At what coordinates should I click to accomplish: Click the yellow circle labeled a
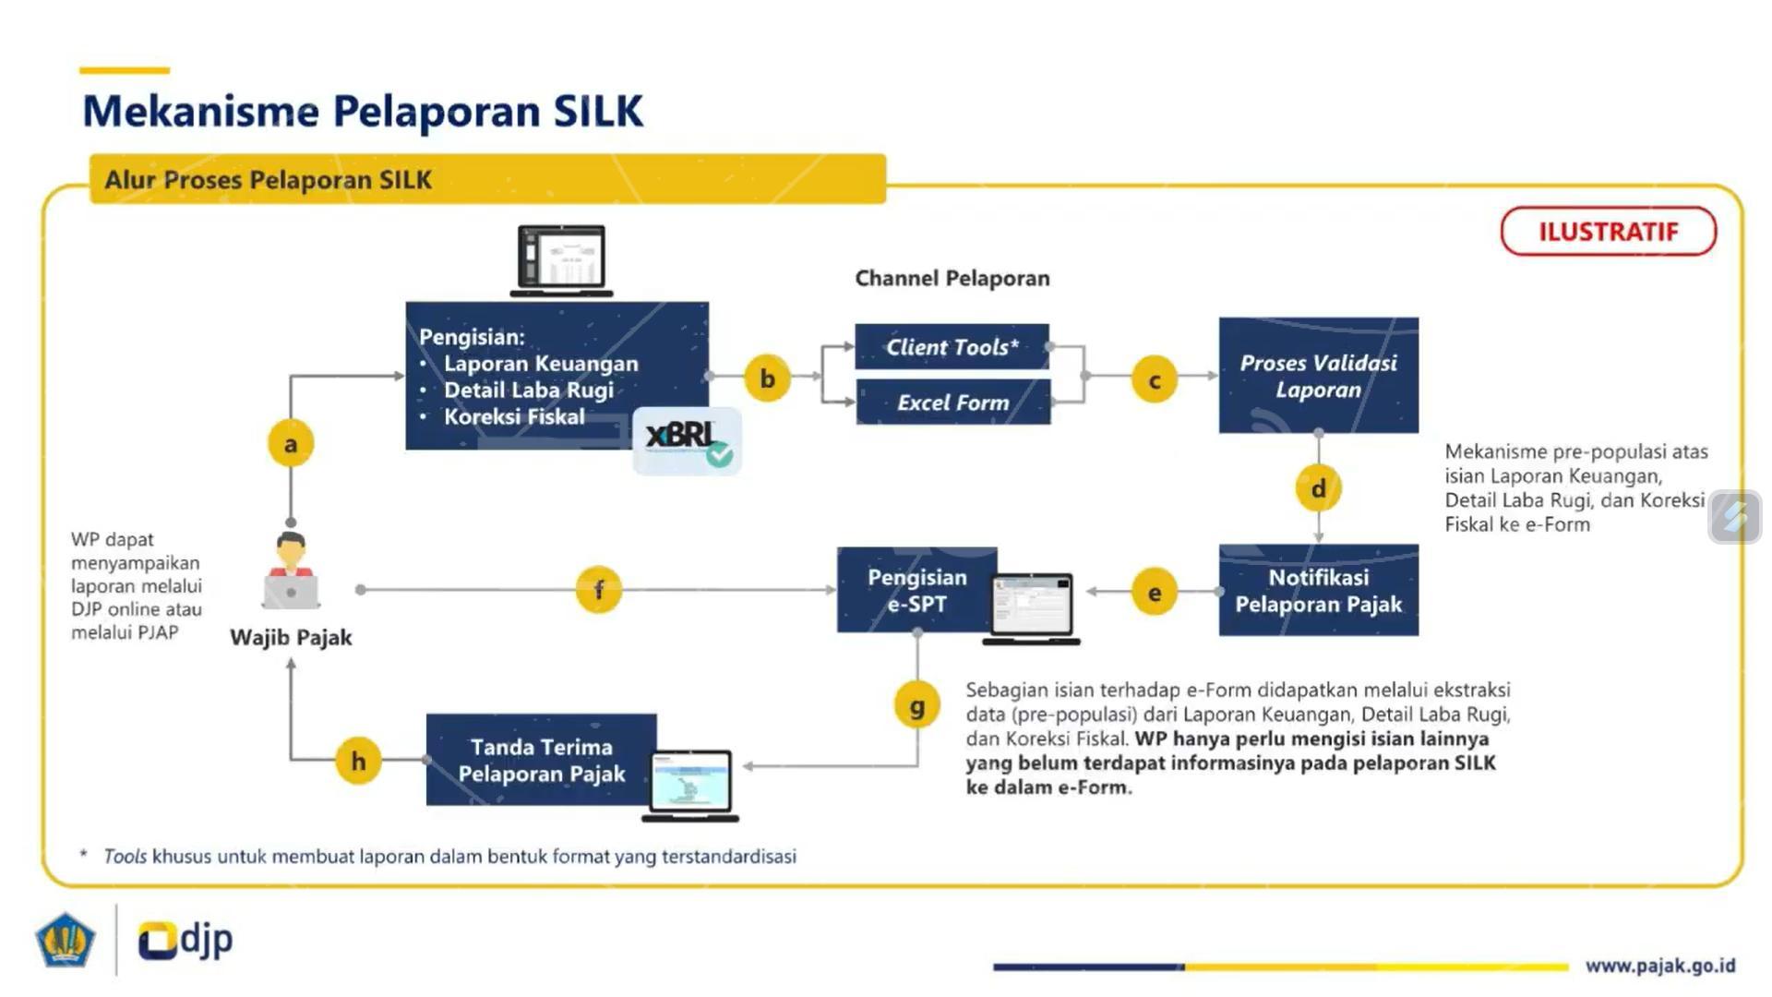pyautogui.click(x=291, y=444)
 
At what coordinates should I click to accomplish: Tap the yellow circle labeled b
pyautogui.click(x=767, y=378)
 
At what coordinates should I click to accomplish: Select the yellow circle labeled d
pyautogui.click(x=1318, y=488)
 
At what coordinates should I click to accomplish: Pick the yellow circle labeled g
pyautogui.click(x=916, y=706)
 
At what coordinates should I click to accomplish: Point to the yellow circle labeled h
pyautogui.click(x=358, y=761)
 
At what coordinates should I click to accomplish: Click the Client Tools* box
pyautogui.click(x=952, y=347)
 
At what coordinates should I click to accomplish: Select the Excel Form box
pyautogui.click(x=952, y=402)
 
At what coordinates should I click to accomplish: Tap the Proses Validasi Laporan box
pyautogui.click(x=1318, y=376)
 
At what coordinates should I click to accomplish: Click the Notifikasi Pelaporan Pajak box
pyautogui.click(x=1318, y=591)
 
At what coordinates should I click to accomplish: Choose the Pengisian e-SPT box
pyautogui.click(x=916, y=591)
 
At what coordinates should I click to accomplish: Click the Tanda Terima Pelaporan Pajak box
pyautogui.click(x=541, y=760)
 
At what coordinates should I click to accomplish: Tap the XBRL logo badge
pyautogui.click(x=687, y=440)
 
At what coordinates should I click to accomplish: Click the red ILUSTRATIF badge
pyautogui.click(x=1608, y=232)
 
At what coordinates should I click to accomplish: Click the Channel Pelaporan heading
pyautogui.click(x=952, y=278)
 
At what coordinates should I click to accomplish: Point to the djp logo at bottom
pyautogui.click(x=186, y=940)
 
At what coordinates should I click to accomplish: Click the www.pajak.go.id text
pyautogui.click(x=1659, y=966)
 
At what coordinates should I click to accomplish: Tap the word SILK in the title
pyautogui.click(x=597, y=111)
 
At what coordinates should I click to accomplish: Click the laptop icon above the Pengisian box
pyautogui.click(x=561, y=260)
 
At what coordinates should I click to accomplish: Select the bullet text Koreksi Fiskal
pyautogui.click(x=513, y=417)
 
